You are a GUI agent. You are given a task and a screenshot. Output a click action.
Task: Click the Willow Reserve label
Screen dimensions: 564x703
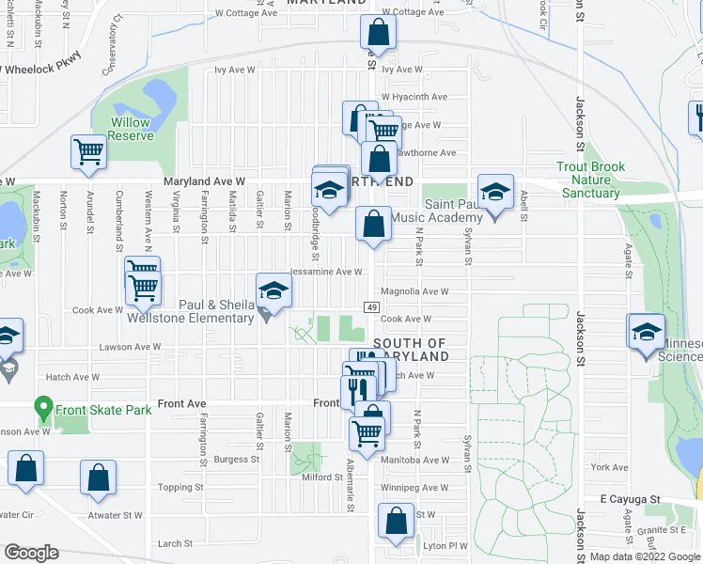pos(131,129)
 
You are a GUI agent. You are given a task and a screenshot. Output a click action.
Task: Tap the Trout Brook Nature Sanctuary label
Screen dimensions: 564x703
pos(590,180)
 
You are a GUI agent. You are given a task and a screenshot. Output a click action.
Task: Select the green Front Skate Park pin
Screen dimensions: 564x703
pos(43,409)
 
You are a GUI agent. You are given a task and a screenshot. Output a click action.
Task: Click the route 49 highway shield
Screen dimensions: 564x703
pos(371,307)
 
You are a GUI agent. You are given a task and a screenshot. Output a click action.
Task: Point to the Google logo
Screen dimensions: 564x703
pos(31,553)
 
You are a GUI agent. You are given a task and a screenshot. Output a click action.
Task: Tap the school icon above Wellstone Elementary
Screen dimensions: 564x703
pos(273,290)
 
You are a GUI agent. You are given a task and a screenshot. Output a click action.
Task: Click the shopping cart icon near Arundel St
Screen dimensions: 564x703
pos(87,151)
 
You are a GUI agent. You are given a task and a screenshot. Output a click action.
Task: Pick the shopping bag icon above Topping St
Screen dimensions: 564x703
pos(99,477)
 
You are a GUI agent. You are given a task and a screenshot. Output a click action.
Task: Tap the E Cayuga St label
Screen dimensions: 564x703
pos(633,499)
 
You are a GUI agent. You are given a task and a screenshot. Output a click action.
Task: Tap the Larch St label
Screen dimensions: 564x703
pos(175,543)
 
